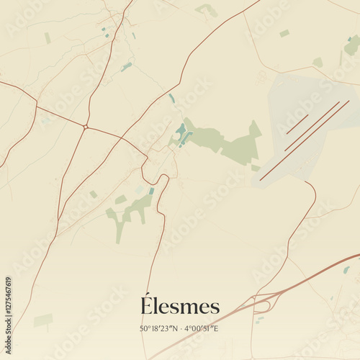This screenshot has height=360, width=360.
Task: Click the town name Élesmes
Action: point(180,305)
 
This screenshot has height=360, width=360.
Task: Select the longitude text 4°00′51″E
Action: point(201,329)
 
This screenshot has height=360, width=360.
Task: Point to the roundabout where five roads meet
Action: point(85,127)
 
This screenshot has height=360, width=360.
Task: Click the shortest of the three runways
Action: point(297,124)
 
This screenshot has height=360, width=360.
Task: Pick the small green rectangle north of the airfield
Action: point(284,33)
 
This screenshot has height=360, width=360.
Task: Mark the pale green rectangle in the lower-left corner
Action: point(43,320)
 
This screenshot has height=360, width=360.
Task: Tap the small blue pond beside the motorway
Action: point(346,270)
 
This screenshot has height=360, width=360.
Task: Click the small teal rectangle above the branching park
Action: point(151,191)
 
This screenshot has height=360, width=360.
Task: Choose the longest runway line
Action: point(304,140)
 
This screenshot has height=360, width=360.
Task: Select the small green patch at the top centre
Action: point(207,9)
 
